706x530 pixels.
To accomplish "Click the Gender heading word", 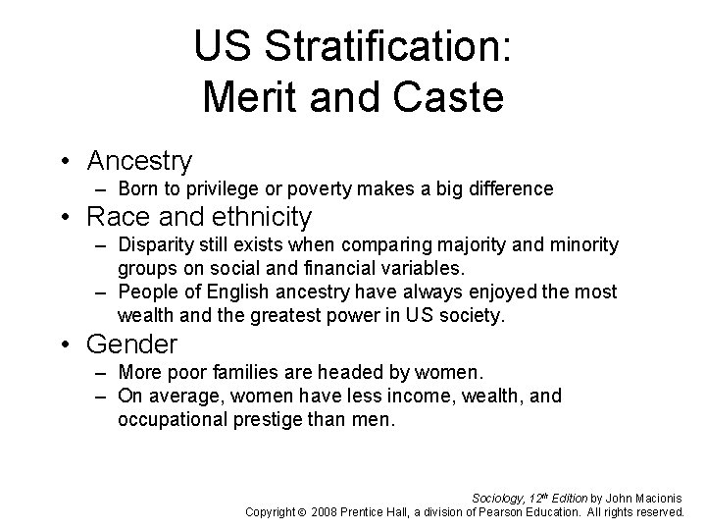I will pyautogui.click(x=132, y=344).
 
